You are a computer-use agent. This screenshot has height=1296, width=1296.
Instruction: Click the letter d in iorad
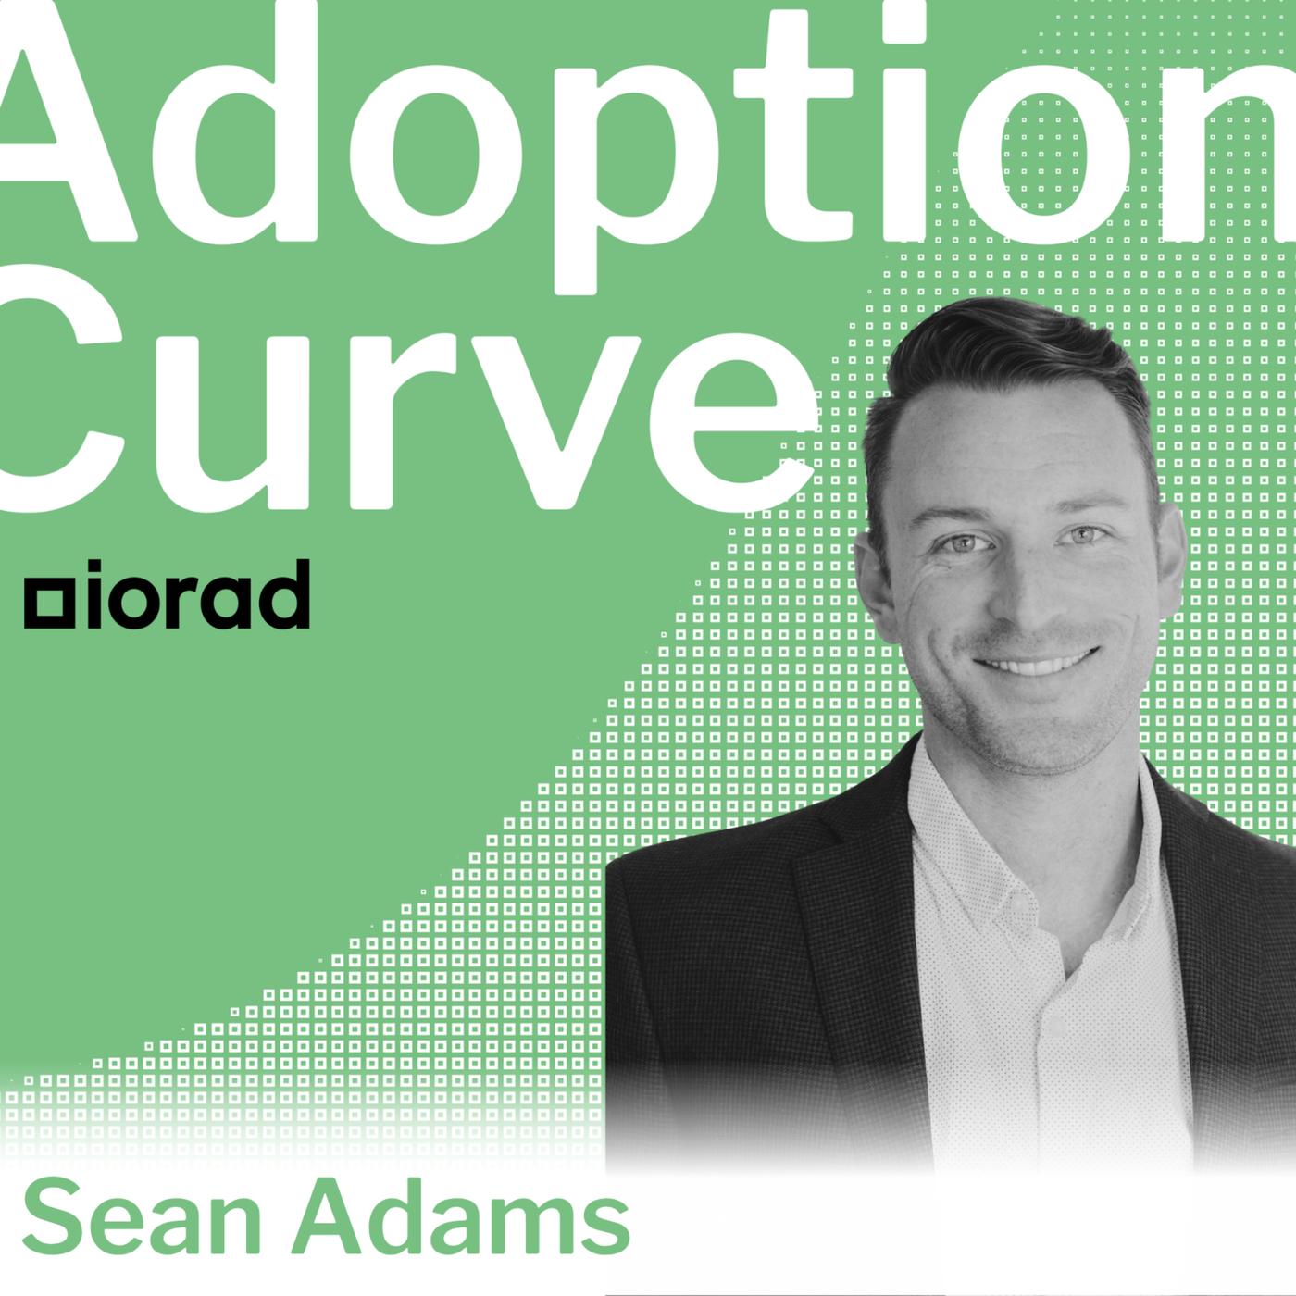tap(285, 593)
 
